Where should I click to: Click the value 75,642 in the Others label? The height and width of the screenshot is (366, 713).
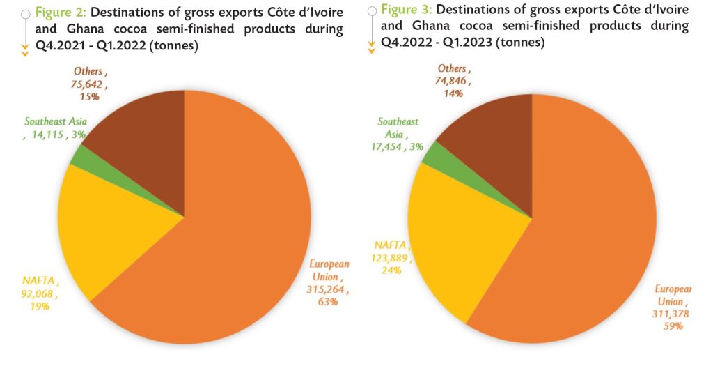[89, 84]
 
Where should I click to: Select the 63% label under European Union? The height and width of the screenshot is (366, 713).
[328, 302]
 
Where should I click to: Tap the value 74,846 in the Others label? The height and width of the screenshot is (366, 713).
[453, 81]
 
